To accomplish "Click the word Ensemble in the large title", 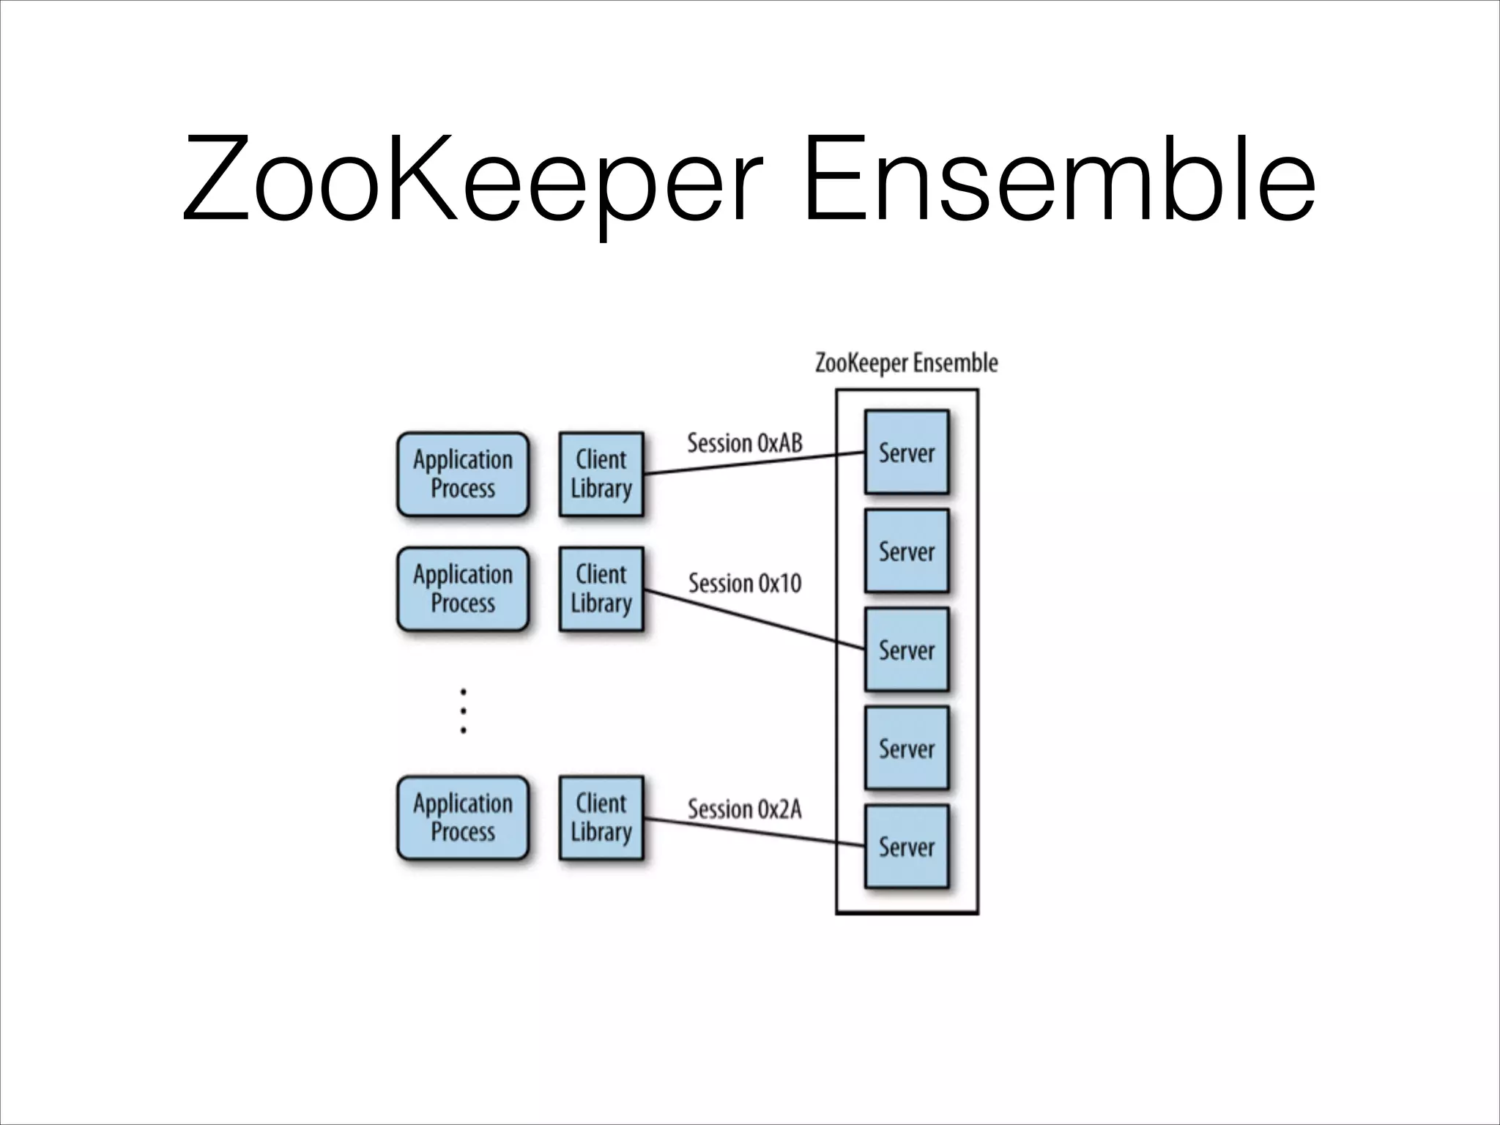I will click(x=1058, y=179).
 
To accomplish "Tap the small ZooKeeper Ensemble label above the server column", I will click(x=906, y=363).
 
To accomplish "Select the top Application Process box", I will click(x=463, y=475).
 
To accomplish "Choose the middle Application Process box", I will click(x=463, y=589).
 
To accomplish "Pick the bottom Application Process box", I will click(x=463, y=818).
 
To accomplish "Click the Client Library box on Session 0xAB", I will click(x=601, y=475).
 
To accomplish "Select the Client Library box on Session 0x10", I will click(x=601, y=589).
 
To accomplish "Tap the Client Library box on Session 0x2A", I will click(x=601, y=818).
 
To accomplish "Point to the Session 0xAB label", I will click(x=744, y=443).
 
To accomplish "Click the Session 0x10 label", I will click(x=744, y=584).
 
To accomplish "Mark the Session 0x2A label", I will click(x=744, y=809).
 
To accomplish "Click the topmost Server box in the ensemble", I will click(x=907, y=453).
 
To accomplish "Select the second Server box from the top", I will click(x=907, y=552).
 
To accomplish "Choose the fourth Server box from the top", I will click(x=907, y=749).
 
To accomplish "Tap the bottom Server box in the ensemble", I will click(x=907, y=847).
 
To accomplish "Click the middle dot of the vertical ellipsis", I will click(x=463, y=710).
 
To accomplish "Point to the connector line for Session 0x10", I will click(x=754, y=619).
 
